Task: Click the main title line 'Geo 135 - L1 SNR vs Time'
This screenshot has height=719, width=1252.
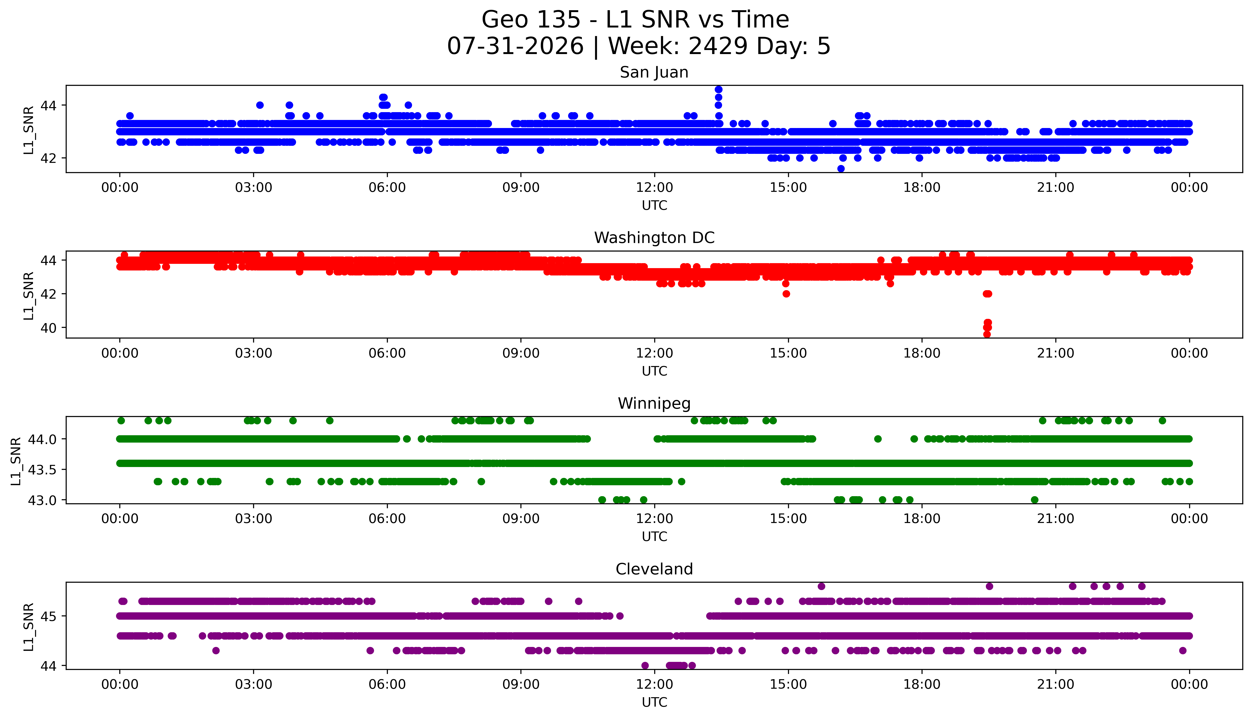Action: [635, 20]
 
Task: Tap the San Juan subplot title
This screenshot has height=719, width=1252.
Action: [654, 73]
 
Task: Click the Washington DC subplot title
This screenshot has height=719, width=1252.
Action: [654, 238]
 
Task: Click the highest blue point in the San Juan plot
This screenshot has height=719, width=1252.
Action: [718, 89]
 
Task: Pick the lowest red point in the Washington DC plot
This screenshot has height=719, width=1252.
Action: [987, 334]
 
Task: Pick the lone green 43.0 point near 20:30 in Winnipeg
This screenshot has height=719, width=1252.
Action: [1035, 500]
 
